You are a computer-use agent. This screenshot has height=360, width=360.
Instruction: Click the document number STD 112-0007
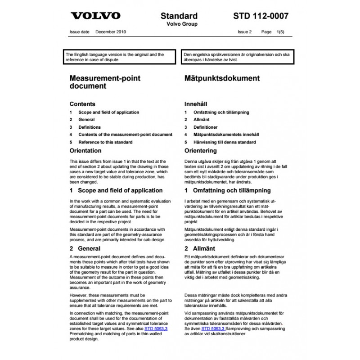pyautogui.click(x=261, y=16)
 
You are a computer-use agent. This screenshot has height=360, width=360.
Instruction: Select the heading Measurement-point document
pyautogui.click(x=104, y=81)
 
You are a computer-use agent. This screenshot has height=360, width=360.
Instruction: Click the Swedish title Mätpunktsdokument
pyautogui.click(x=222, y=78)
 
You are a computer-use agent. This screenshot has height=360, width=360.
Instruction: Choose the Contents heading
pyautogui.click(x=82, y=103)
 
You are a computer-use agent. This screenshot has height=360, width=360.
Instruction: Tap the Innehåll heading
pyautogui.click(x=196, y=103)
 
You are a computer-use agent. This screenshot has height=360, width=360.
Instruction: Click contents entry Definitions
pyautogui.click(x=90, y=127)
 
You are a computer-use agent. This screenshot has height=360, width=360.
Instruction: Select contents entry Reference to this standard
pyautogui.click(x=105, y=142)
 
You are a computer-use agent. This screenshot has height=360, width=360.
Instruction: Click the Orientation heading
pyautogui.click(x=85, y=151)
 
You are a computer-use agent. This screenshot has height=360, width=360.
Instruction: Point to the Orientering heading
pyautogui.click(x=201, y=151)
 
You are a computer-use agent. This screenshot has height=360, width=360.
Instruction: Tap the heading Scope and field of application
pyautogui.click(x=116, y=190)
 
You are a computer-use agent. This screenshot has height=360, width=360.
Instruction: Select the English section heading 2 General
pyautogui.click(x=85, y=248)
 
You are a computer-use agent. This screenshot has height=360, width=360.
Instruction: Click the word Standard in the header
pyautogui.click(x=179, y=16)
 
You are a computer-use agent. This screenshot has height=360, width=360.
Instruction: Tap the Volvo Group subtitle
pyautogui.click(x=179, y=24)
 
